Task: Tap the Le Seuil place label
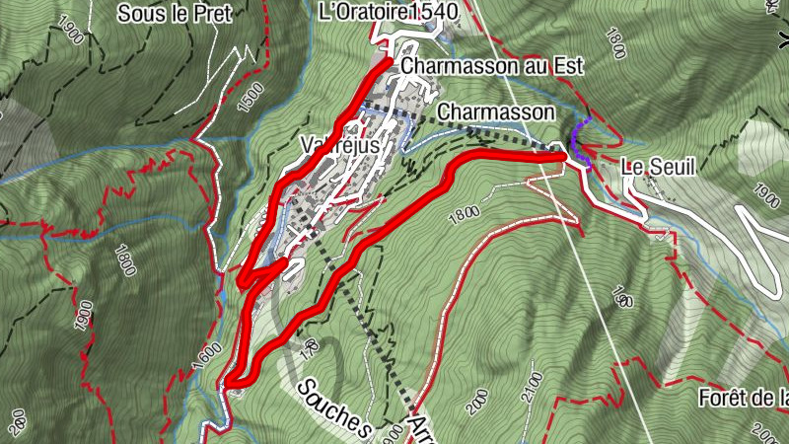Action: point(658,168)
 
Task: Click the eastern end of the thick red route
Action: point(563,156)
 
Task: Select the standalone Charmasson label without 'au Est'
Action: point(481,112)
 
